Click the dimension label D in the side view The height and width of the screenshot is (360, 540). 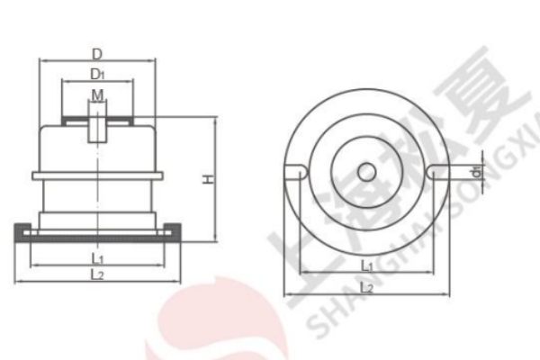[x=97, y=53]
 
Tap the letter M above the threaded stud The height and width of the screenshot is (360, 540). [x=96, y=94]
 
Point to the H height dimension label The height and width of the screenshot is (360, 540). [x=207, y=180]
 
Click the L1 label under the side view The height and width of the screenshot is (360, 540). [x=97, y=259]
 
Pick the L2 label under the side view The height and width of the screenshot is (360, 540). [x=97, y=274]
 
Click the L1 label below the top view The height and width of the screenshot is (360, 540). [x=366, y=265]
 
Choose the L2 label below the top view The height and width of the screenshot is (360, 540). [x=366, y=286]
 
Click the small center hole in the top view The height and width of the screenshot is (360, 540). [x=366, y=170]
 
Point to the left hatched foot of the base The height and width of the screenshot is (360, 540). [x=24, y=235]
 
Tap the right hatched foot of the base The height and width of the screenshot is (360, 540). [x=172, y=235]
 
